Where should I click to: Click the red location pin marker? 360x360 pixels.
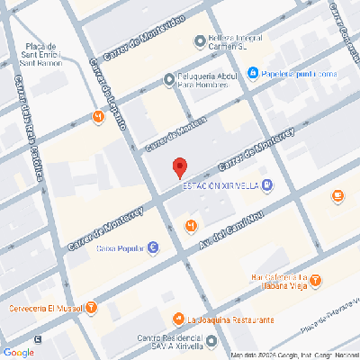click(x=179, y=167)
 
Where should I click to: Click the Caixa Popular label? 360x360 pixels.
click(x=120, y=247)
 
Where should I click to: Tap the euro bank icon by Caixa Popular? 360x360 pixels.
click(x=154, y=247)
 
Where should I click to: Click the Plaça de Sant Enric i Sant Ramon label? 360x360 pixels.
click(x=41, y=55)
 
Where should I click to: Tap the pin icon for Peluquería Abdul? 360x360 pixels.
click(x=171, y=81)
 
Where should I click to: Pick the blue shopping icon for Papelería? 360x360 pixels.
click(x=254, y=73)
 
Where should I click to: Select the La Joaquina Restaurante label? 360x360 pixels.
click(x=230, y=319)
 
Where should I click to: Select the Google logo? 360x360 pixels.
click(x=19, y=352)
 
